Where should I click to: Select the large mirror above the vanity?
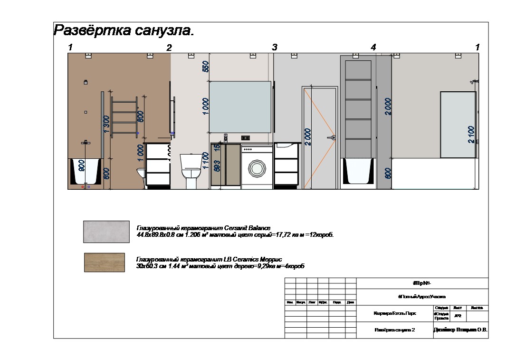[240, 107]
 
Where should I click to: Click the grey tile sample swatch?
[106, 232]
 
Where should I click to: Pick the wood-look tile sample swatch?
[105, 263]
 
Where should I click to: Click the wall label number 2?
[169, 48]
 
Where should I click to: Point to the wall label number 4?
[373, 48]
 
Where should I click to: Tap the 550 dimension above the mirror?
[206, 66]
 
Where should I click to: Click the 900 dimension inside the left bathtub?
[82, 166]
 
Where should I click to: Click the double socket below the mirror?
[246, 138]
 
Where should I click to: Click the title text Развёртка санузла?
[124, 30]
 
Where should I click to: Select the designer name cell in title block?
[460, 329]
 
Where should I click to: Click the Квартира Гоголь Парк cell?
[394, 314]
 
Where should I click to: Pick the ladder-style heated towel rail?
[125, 117]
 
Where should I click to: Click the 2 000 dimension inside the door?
[308, 137]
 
